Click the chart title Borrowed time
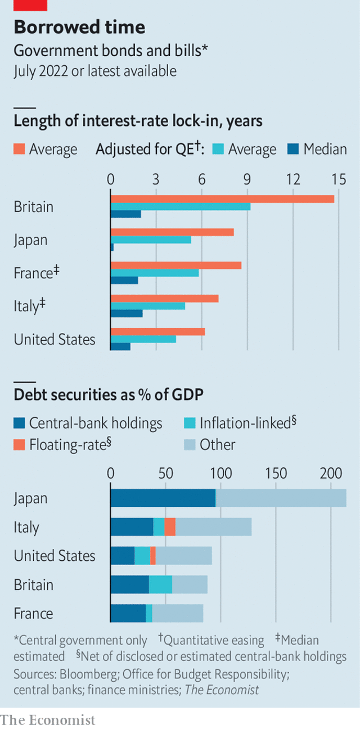(x=79, y=27)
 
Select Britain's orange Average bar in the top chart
(x=222, y=199)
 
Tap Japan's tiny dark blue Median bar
(x=112, y=247)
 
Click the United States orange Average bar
(x=157, y=332)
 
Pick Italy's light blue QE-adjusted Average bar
(x=148, y=306)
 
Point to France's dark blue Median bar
(x=124, y=280)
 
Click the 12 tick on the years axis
(x=293, y=179)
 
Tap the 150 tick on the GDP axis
(x=276, y=473)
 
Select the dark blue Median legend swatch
(x=292, y=149)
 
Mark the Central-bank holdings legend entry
(x=88, y=423)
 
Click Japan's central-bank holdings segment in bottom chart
(x=163, y=498)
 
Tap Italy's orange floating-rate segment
(x=170, y=527)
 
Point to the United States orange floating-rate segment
(x=153, y=556)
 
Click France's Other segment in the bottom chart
(x=178, y=614)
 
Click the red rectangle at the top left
(x=30, y=6)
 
